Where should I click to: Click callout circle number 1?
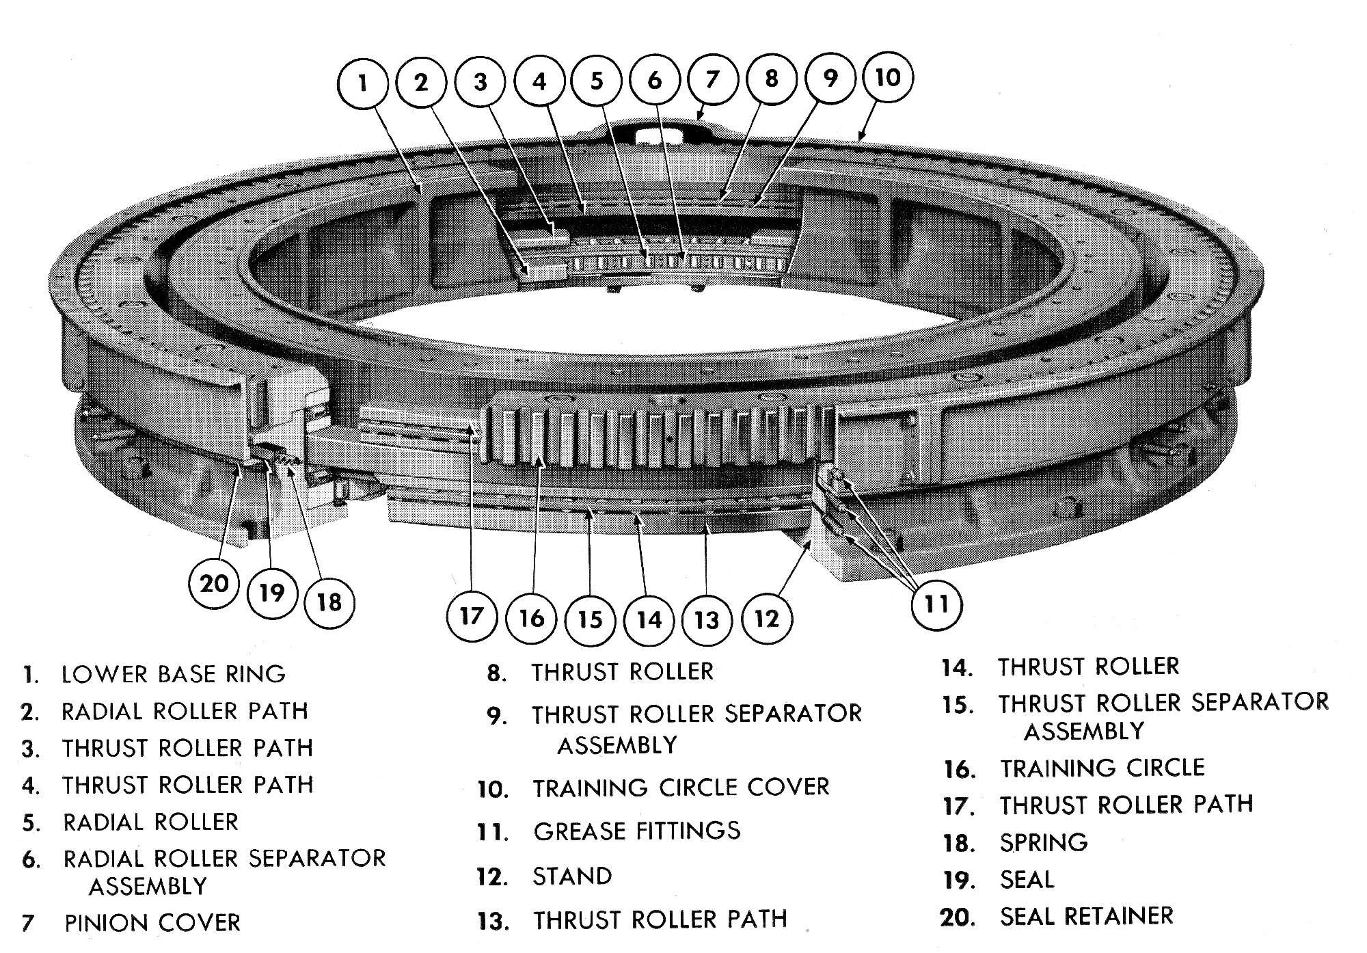point(363,83)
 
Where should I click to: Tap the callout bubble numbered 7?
point(712,80)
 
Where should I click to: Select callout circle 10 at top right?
point(887,77)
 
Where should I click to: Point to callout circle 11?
point(936,604)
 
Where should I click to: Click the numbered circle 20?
point(213,583)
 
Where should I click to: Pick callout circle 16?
point(531,619)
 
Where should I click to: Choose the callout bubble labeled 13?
point(707,620)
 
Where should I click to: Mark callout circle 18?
point(329,602)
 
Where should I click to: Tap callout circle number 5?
point(597,81)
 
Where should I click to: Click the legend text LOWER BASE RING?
point(174,674)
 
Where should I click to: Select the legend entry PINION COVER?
point(152,923)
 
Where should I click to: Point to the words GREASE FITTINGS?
point(637,831)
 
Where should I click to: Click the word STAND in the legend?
point(572,876)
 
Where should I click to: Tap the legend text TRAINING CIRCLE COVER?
point(681,788)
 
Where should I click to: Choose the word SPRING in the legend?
point(1044,843)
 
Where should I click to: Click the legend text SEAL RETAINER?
point(1087,916)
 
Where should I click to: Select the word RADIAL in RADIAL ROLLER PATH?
point(103,712)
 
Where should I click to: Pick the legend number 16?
point(960,770)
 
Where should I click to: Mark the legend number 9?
point(497,716)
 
